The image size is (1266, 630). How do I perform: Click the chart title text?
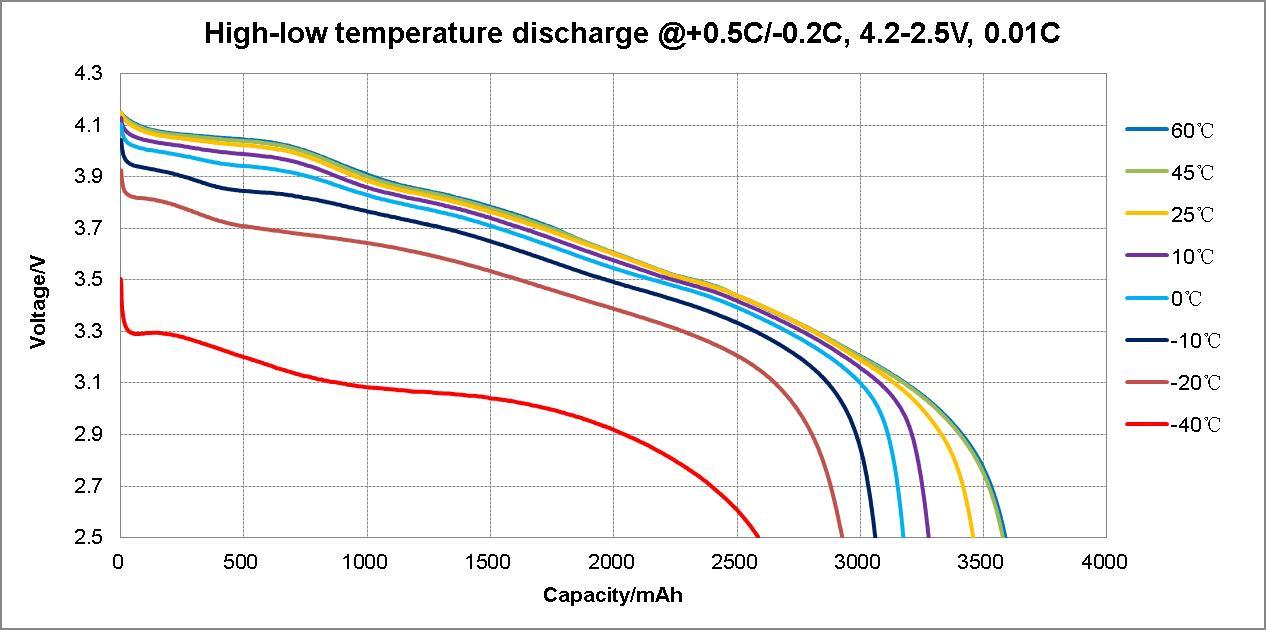[x=632, y=33]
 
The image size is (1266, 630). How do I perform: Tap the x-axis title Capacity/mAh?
[x=613, y=595]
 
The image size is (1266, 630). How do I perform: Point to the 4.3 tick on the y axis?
[x=88, y=74]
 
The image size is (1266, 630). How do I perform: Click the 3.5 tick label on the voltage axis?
[x=88, y=280]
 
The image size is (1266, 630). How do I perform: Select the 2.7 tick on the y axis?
[x=88, y=486]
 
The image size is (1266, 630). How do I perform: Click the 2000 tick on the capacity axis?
[x=613, y=562]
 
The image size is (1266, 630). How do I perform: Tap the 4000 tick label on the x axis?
[x=1106, y=562]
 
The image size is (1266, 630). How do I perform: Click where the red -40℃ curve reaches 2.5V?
[x=758, y=537]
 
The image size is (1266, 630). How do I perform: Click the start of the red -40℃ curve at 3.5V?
[x=121, y=280]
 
